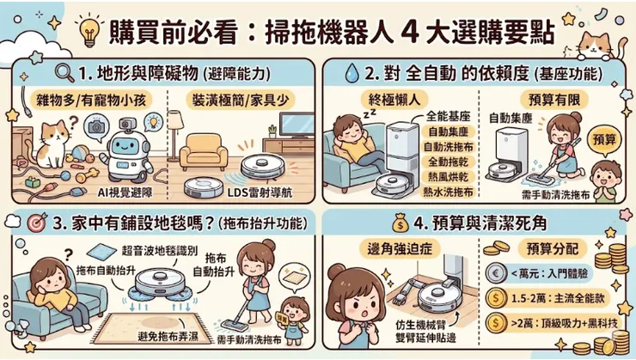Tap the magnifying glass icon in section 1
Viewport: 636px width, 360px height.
pyautogui.click(x=64, y=73)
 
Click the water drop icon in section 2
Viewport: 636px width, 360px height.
pyautogui.click(x=351, y=73)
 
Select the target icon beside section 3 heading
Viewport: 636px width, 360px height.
pyautogui.click(x=37, y=223)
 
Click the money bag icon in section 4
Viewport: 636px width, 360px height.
pyautogui.click(x=401, y=223)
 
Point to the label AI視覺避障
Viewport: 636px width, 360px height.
pyautogui.click(x=125, y=192)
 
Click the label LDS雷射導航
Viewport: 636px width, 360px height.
pyautogui.click(x=260, y=192)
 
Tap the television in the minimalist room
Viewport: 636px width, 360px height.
pyautogui.click(x=297, y=125)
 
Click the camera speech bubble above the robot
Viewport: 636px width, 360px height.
pyautogui.click(x=96, y=127)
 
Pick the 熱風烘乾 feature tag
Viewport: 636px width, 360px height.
pyautogui.click(x=448, y=177)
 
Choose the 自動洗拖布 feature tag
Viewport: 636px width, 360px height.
pyautogui.click(x=448, y=147)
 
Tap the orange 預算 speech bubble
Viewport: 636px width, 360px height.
pyautogui.click(x=604, y=140)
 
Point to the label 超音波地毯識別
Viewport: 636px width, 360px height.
pyautogui.click(x=159, y=251)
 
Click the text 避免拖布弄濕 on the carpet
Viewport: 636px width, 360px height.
pyautogui.click(x=168, y=336)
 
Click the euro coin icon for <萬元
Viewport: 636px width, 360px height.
pyautogui.click(x=497, y=273)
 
